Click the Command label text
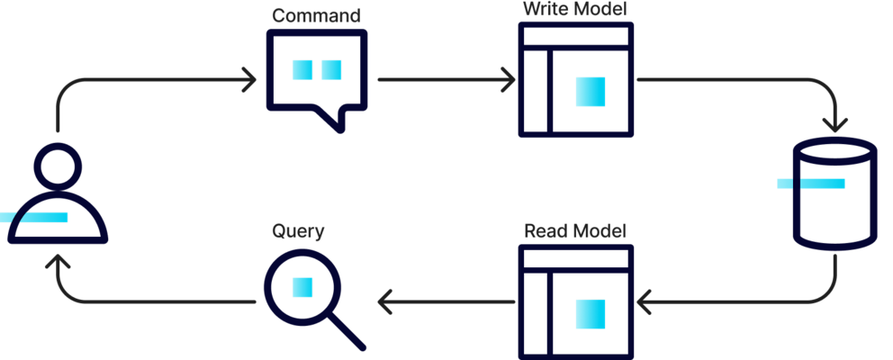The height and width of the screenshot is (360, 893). pyautogui.click(x=316, y=15)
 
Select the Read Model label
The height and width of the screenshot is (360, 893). pyautogui.click(x=575, y=230)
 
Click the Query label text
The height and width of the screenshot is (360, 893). pyautogui.click(x=298, y=231)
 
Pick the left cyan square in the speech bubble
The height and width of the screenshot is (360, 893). pyautogui.click(x=302, y=69)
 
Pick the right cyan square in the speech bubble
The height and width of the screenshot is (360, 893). pyautogui.click(x=331, y=69)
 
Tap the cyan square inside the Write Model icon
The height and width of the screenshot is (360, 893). pyautogui.click(x=591, y=91)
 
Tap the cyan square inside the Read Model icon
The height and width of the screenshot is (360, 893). pyautogui.click(x=591, y=314)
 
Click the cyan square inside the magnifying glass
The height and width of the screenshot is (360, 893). pyautogui.click(x=302, y=287)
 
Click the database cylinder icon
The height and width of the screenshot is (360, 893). pyautogui.click(x=834, y=193)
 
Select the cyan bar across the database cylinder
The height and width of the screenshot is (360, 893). pyautogui.click(x=811, y=184)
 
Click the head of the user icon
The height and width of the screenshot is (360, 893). pyautogui.click(x=59, y=167)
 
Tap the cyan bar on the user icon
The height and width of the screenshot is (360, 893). pyautogui.click(x=34, y=217)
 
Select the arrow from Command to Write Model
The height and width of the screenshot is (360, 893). pyautogui.click(x=446, y=80)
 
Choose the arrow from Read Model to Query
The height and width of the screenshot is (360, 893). pyautogui.click(x=446, y=301)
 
